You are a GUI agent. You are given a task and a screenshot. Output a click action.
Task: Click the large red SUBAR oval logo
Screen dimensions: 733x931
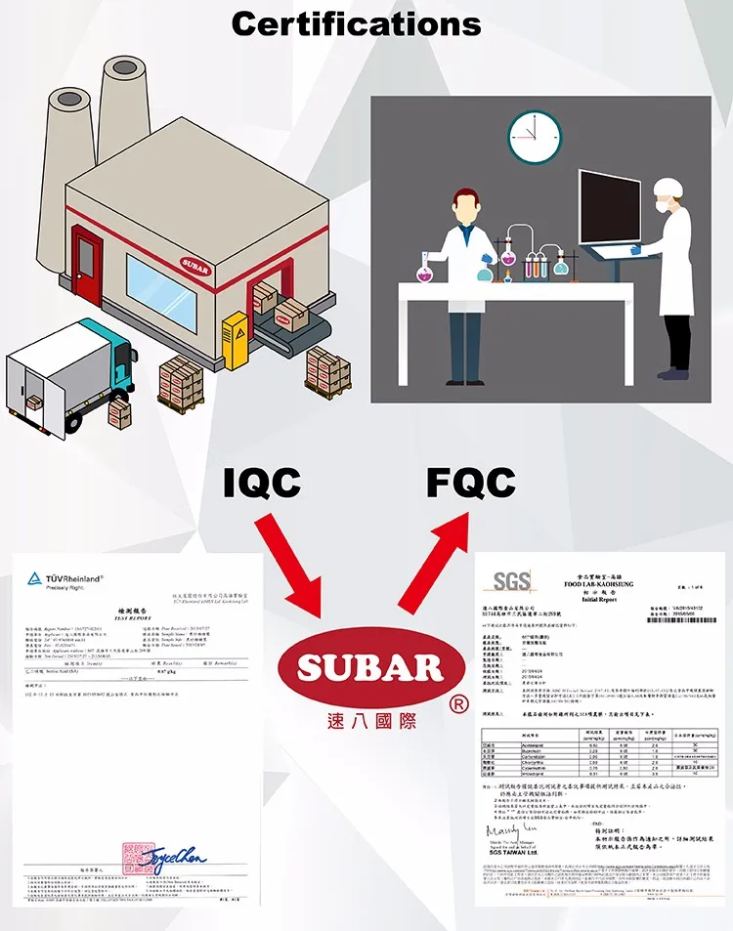click(x=368, y=669)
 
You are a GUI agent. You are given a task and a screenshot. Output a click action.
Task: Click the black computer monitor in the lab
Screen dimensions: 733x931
click(x=609, y=208)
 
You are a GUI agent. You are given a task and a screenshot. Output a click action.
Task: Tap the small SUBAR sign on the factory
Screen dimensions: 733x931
click(x=194, y=264)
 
